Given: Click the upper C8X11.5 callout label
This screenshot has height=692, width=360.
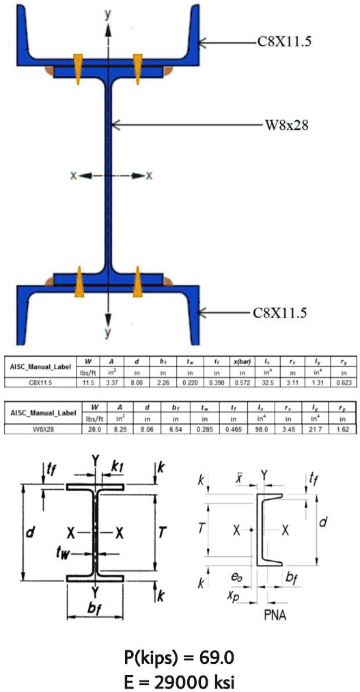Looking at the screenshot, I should pos(284,42).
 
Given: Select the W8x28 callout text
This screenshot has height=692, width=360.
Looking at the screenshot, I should pos(287,126).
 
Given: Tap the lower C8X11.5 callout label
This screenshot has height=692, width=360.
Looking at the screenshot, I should pos(280,313).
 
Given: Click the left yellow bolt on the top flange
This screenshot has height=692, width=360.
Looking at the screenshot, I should pos(79,64).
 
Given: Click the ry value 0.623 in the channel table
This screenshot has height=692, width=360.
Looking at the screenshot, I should pos(342,383).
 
